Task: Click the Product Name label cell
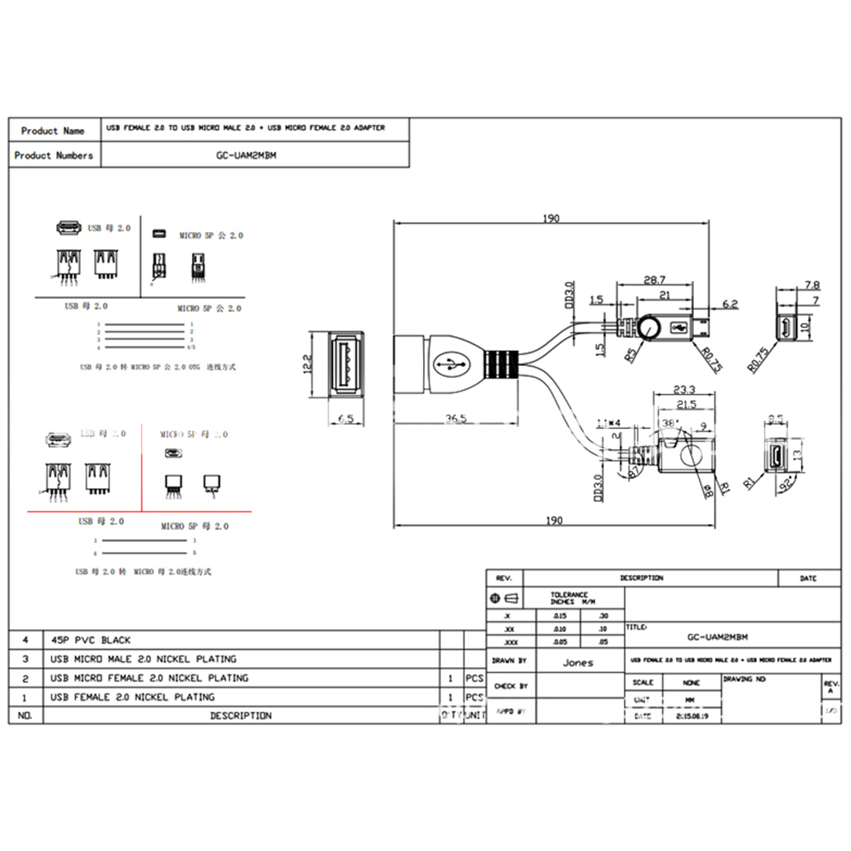pyautogui.click(x=53, y=131)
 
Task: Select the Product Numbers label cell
pyautogui.click(x=54, y=155)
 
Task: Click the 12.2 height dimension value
pyautogui.click(x=307, y=364)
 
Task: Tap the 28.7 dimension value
pyautogui.click(x=654, y=279)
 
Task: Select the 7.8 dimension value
pyautogui.click(x=811, y=285)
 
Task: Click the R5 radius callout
pyautogui.click(x=631, y=354)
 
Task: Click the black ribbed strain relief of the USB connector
pyautogui.click(x=500, y=364)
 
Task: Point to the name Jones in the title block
pyautogui.click(x=578, y=662)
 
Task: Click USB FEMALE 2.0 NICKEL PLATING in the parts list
pyautogui.click(x=132, y=697)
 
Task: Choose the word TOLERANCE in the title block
pyautogui.click(x=569, y=595)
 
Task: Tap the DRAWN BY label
pyautogui.click(x=510, y=660)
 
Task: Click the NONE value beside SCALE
pyautogui.click(x=690, y=682)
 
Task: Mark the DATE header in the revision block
pyautogui.click(x=808, y=578)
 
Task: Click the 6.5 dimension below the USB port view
pyautogui.click(x=345, y=418)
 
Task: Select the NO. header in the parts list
pyautogui.click(x=25, y=716)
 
